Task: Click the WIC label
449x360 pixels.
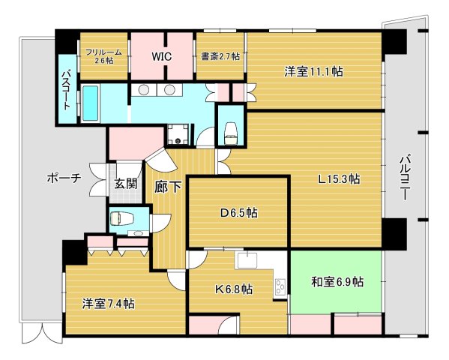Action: click(162, 56)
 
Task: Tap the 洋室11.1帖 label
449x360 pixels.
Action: click(313, 72)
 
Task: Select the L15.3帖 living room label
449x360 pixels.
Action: click(338, 179)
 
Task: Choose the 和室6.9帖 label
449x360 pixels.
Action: click(337, 282)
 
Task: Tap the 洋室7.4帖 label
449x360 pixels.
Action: click(109, 304)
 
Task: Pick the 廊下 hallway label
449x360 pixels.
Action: click(166, 188)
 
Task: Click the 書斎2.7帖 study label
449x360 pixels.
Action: click(220, 56)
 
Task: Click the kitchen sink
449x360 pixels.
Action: click(247, 260)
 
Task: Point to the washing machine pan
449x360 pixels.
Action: click(178, 133)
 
